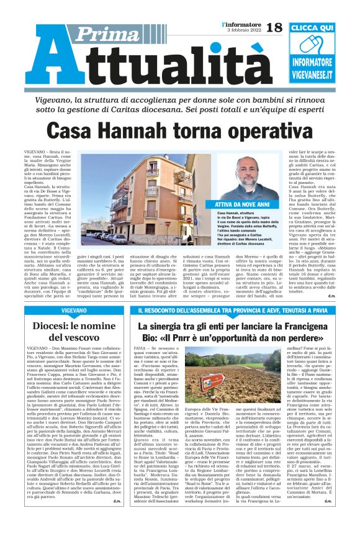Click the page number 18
coord(274,27)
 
